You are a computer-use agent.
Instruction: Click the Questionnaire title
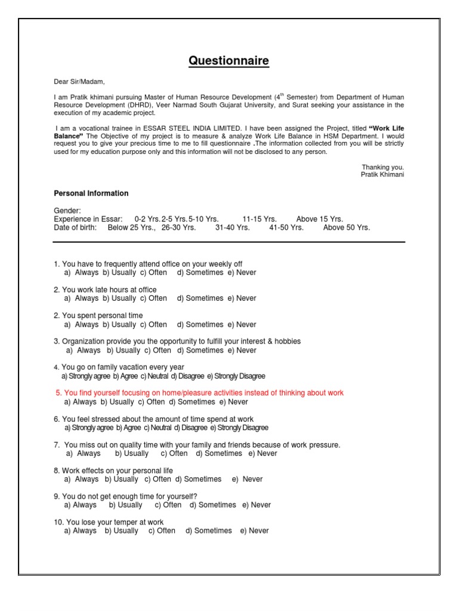[x=229, y=61]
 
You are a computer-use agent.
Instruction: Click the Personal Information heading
[x=91, y=193]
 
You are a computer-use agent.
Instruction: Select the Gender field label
[x=67, y=211]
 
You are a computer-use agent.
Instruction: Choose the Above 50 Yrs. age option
[x=346, y=227]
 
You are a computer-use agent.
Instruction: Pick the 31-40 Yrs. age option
[x=233, y=227]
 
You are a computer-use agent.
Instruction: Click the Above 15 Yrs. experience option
[x=320, y=219]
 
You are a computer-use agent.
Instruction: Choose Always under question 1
[x=86, y=273]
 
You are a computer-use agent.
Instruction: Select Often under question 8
[x=162, y=479]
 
